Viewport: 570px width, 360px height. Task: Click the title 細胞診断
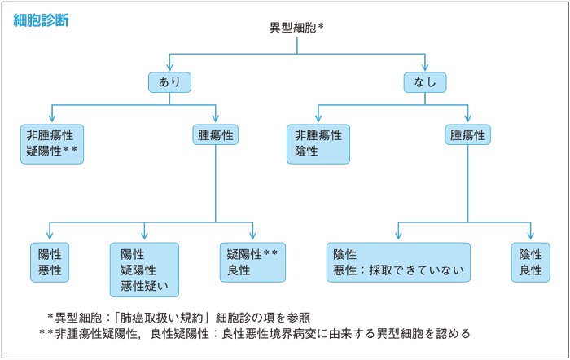(41, 20)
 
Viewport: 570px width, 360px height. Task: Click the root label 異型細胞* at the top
(296, 28)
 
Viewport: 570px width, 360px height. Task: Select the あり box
(169, 81)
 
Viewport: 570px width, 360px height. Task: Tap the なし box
(425, 81)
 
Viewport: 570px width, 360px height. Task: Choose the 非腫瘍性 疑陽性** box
(53, 143)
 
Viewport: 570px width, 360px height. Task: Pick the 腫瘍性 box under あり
(215, 135)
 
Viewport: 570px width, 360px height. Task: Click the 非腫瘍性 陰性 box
(318, 143)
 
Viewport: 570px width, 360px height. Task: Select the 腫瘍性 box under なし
(467, 135)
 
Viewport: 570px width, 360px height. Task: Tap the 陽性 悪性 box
(50, 262)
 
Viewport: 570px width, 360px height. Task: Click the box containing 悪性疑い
(144, 270)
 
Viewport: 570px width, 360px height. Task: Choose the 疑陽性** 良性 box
(252, 262)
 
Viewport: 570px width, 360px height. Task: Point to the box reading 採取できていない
(398, 262)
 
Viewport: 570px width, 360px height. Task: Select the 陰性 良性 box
(530, 262)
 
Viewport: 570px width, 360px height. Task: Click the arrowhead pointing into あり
(169, 68)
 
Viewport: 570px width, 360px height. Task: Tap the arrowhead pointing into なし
(425, 68)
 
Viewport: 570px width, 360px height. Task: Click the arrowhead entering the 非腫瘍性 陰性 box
(318, 118)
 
